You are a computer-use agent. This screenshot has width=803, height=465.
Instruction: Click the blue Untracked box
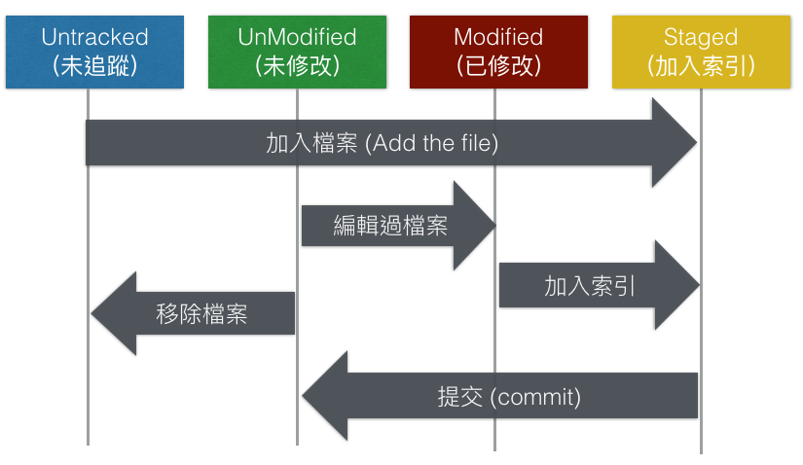click(x=94, y=53)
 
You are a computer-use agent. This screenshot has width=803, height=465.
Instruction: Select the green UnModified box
click(x=298, y=53)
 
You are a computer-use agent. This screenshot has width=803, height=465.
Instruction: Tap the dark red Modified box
click(x=498, y=53)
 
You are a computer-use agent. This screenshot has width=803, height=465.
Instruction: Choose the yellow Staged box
click(x=700, y=53)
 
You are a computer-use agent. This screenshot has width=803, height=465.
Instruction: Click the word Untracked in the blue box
click(x=94, y=38)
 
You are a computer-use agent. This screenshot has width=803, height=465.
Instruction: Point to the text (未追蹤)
click(x=94, y=66)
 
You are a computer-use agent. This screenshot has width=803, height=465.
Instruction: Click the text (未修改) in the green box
click(x=298, y=66)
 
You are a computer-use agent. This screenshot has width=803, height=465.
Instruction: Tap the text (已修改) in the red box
click(x=498, y=66)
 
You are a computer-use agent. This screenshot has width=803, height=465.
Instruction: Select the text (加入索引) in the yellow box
click(x=700, y=66)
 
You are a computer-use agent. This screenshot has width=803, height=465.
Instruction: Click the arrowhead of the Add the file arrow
click(x=675, y=143)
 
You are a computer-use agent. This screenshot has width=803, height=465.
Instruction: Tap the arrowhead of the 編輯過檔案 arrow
click(x=476, y=226)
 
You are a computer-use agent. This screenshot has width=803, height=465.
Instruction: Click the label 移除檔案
click(x=201, y=314)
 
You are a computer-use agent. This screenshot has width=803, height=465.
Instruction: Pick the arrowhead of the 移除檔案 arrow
click(x=113, y=313)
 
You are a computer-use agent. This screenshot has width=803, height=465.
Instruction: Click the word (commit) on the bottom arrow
click(x=535, y=397)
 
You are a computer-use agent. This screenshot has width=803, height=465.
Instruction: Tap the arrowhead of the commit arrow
click(x=325, y=396)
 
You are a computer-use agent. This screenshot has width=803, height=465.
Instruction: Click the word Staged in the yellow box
click(x=700, y=38)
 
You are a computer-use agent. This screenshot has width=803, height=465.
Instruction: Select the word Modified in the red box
click(x=498, y=38)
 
